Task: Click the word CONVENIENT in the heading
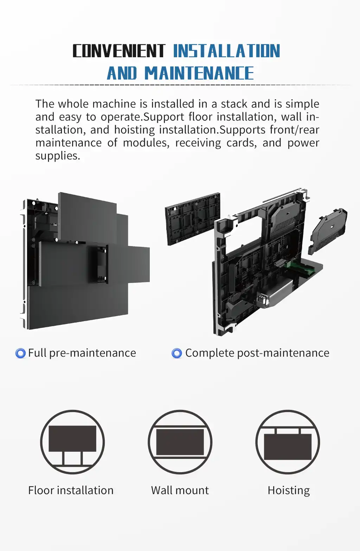coord(119,51)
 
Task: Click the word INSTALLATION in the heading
coord(226,51)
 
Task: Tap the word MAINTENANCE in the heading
coord(199,73)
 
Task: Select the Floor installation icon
coord(72,442)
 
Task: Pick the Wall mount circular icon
coord(180,442)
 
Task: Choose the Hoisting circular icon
coord(288,442)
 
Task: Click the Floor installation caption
coord(71,490)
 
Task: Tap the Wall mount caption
coord(180,490)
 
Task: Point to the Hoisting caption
coord(289,490)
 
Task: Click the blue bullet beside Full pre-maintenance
coord(21,353)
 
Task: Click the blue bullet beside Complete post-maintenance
coord(176,353)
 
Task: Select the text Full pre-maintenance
coord(82,353)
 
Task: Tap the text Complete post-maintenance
coord(257,353)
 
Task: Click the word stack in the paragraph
coord(234,104)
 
